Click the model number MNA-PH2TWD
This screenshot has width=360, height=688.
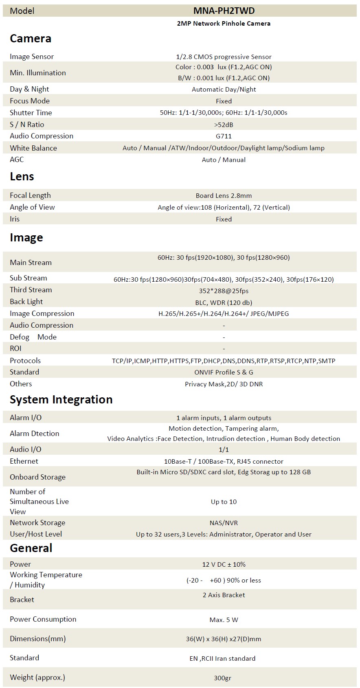[224, 11]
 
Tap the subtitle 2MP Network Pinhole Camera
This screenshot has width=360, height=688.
[224, 24]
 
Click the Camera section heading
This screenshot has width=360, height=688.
[31, 39]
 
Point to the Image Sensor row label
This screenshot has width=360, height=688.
[32, 57]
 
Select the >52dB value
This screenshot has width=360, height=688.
[224, 125]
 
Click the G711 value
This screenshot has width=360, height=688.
[224, 136]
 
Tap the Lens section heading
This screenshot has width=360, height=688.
[22, 177]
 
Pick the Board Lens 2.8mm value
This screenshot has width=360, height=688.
[224, 195]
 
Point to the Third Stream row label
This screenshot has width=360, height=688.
[31, 290]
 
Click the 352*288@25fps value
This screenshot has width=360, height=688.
[224, 291]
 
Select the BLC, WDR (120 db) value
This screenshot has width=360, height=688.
[224, 302]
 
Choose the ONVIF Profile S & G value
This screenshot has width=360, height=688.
[224, 372]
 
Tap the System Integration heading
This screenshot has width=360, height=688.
[61, 400]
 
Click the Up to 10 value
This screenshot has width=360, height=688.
[224, 502]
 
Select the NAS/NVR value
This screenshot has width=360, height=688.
[224, 523]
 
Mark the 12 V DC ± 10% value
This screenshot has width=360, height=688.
[224, 565]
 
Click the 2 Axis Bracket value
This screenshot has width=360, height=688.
[224, 595]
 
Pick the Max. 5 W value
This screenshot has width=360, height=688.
[224, 620]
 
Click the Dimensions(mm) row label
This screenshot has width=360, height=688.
[38, 639]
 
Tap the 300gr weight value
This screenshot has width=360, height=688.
[224, 678]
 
